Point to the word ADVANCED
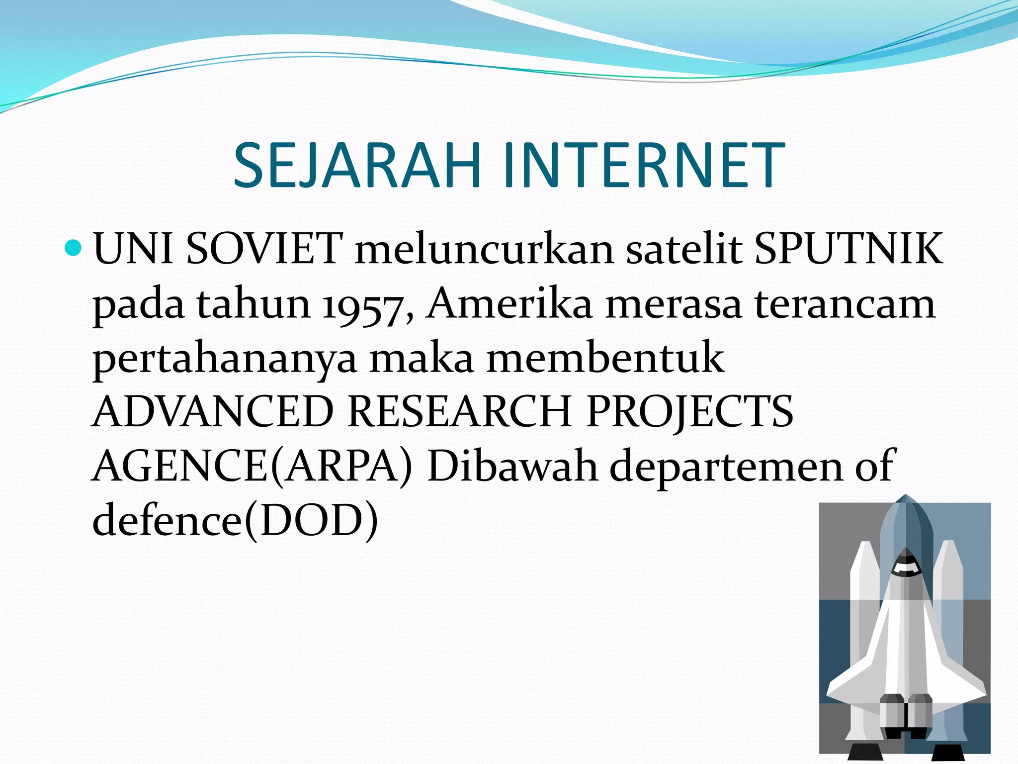pos(213,412)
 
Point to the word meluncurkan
pos(485,248)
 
